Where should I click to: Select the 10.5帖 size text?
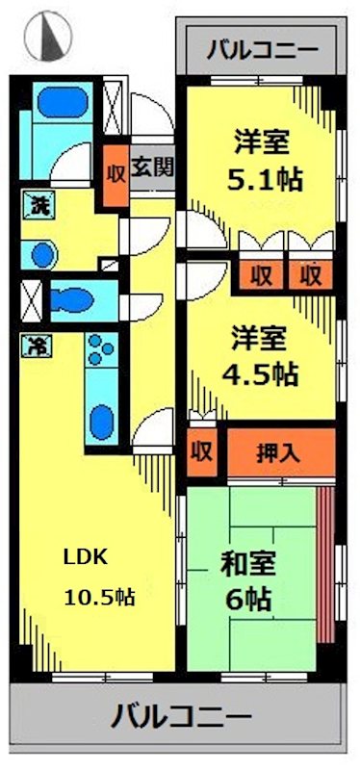click(x=99, y=597)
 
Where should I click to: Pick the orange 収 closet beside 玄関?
click(x=116, y=175)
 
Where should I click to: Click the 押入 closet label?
click(x=279, y=452)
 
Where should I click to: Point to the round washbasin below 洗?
click(x=41, y=254)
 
